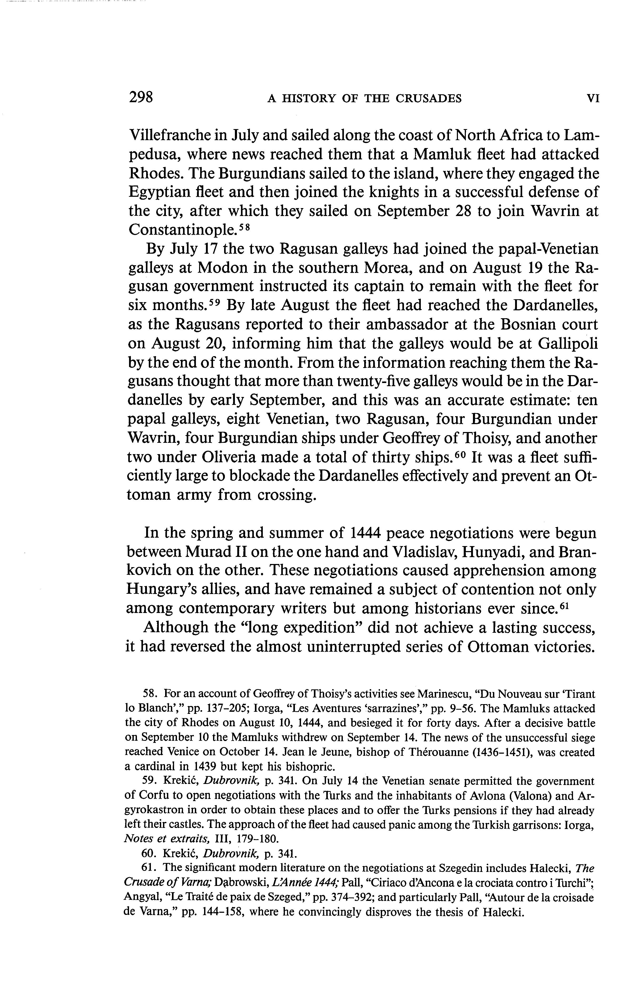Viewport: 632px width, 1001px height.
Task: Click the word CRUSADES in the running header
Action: [x=428, y=99]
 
